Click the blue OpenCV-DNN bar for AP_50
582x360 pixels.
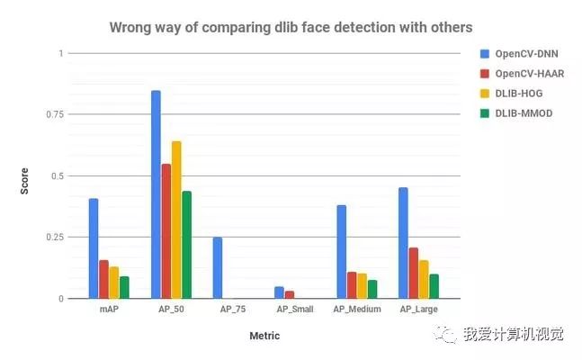(x=156, y=194)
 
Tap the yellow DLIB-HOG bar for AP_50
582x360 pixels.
(x=176, y=220)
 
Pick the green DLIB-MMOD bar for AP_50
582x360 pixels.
(x=187, y=245)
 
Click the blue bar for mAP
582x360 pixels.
(x=94, y=248)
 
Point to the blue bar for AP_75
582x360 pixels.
(x=218, y=268)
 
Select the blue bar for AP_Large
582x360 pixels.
(x=403, y=243)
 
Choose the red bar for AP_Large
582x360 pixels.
(x=414, y=273)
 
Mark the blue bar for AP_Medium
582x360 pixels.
(x=341, y=252)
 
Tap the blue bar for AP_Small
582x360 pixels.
(x=280, y=292)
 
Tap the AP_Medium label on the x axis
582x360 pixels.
(x=357, y=309)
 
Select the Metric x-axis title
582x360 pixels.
(x=264, y=336)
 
